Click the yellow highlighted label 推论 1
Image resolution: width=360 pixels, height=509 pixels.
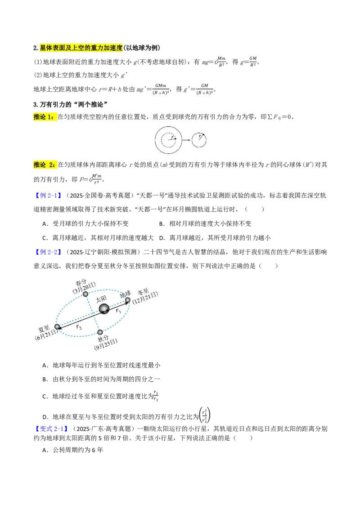pos(45,117)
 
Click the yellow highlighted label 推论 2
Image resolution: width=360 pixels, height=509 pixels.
pos(45,165)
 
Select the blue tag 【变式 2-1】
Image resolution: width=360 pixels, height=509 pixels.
pos(51,429)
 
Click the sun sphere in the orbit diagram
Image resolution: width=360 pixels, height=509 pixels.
pos(104,309)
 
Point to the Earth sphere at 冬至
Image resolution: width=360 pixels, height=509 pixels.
pos(128,300)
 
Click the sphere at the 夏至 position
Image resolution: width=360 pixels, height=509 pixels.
pos(58,327)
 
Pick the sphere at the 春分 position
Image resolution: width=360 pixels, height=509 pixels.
pos(85,294)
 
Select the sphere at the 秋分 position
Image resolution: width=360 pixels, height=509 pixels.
pos(100,332)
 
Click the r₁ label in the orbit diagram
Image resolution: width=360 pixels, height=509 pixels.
pos(119,311)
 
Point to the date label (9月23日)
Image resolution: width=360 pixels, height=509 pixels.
pos(106,344)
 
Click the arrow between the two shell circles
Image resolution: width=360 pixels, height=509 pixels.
pos(186,140)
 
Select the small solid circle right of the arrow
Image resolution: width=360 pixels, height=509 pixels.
pos(199,140)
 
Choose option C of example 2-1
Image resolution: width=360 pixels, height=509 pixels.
pos(98,238)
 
